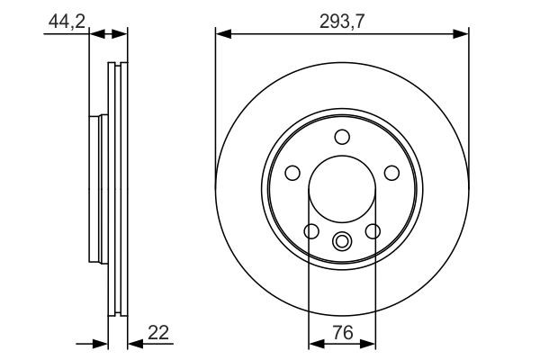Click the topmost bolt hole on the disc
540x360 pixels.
coord(342,137)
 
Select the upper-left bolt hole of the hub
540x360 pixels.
coord(292,173)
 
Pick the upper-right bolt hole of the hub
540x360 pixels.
coord(391,173)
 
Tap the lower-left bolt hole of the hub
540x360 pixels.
coord(311,232)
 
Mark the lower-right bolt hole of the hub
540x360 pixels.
coord(372,232)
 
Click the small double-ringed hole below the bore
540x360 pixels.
coord(342,241)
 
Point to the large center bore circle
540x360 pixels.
coord(342,189)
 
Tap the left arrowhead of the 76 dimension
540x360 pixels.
coord(315,344)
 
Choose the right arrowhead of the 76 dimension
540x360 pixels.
coord(369,344)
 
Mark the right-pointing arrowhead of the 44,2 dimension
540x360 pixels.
coord(84,34)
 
